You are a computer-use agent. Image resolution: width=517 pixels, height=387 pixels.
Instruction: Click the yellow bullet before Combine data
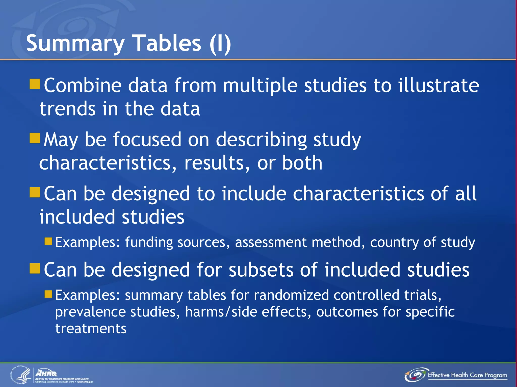click(x=35, y=84)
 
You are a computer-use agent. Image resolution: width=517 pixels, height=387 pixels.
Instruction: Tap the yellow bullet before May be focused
click(x=35, y=138)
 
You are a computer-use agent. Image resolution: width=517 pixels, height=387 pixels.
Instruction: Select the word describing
click(x=262, y=140)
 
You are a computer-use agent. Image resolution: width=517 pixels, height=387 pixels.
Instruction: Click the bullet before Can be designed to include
click(x=35, y=192)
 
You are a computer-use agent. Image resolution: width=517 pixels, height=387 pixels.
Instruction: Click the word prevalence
click(x=90, y=312)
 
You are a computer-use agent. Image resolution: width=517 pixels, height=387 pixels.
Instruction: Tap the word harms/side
click(x=221, y=312)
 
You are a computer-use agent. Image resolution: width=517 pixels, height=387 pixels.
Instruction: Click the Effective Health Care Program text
click(x=467, y=375)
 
